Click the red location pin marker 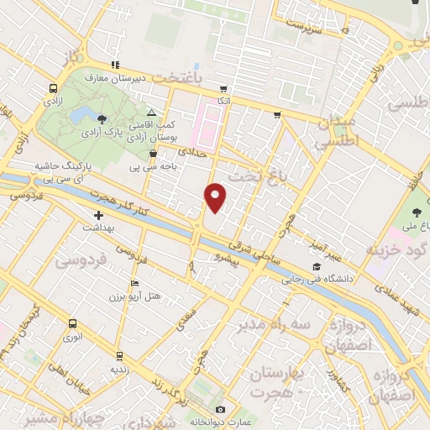tap(216, 197)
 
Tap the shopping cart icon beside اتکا tap(223, 88)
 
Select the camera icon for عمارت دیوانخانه tap(220, 409)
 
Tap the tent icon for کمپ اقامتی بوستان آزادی tap(151, 112)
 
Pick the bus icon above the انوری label tap(73, 324)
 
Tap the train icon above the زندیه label tap(120, 354)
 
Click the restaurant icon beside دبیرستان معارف tap(115, 65)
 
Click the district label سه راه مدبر tap(273, 323)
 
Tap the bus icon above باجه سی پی tap(152, 154)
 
